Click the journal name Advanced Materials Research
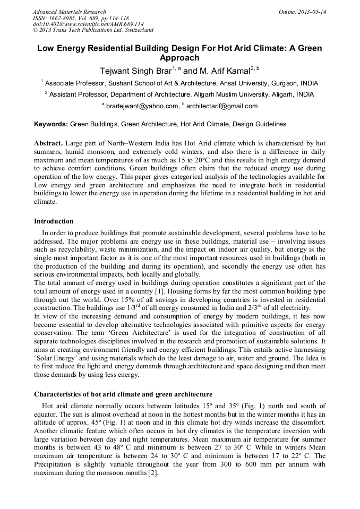[69, 12]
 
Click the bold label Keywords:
[51, 124]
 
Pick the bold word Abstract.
[48, 144]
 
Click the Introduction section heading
[54, 221]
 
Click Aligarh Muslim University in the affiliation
[250, 94]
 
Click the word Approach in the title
[179, 58]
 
